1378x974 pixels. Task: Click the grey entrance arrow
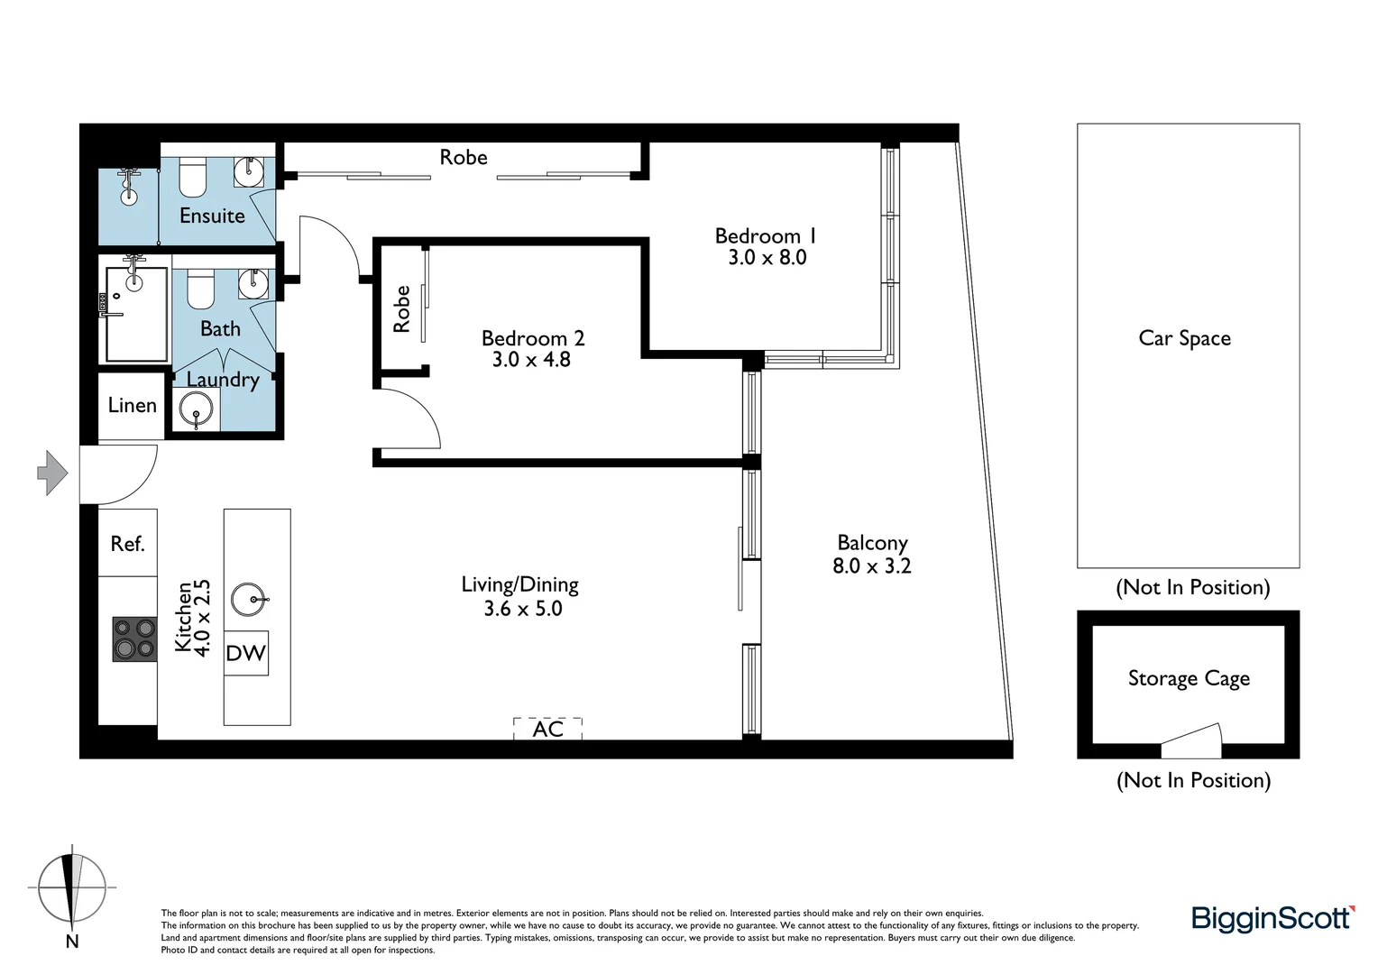[x=52, y=472]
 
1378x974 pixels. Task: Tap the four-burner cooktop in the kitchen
[x=134, y=639]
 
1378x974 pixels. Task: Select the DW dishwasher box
[x=245, y=653]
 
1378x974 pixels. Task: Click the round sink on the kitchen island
[x=249, y=599]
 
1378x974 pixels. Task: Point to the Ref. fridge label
[x=127, y=544]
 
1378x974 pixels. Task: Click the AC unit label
[x=547, y=729]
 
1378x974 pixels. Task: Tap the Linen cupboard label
[x=132, y=406]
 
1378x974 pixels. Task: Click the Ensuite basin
[x=249, y=170]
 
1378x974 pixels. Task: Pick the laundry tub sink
[x=196, y=409]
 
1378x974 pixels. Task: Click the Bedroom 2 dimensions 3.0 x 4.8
[x=531, y=360]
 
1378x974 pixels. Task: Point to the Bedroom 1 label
[x=766, y=236]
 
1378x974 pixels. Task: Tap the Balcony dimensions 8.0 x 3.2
[x=871, y=566]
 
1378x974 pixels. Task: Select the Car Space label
[x=1184, y=338]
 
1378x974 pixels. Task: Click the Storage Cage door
[x=1190, y=742]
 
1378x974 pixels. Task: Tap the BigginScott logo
[x=1272, y=918]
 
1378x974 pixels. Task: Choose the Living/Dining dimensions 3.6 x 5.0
[x=522, y=609]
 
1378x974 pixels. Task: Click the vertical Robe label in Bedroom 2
[x=402, y=309]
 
